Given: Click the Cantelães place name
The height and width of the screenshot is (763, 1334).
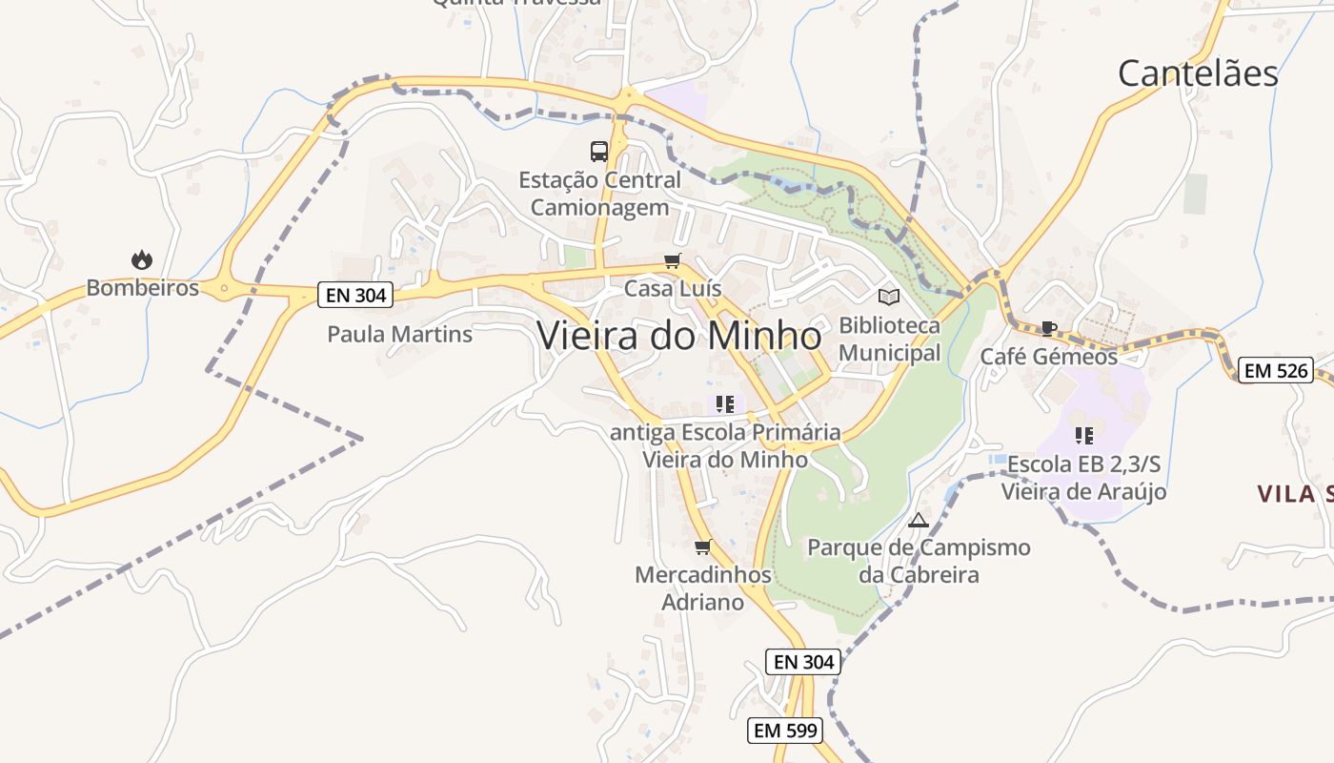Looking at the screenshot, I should click(1198, 73).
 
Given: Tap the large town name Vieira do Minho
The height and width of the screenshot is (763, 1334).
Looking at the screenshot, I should click(679, 336).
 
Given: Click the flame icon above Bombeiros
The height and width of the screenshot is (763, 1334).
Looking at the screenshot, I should click(142, 259).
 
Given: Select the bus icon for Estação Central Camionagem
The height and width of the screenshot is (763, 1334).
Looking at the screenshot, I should click(599, 151).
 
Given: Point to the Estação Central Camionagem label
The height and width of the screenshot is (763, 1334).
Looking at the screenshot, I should click(599, 194).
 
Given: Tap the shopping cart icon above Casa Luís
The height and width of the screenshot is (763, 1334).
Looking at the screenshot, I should click(673, 261).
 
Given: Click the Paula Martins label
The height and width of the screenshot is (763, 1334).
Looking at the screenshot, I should click(399, 335).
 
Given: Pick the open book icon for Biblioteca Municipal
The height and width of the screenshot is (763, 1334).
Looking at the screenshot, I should click(889, 297).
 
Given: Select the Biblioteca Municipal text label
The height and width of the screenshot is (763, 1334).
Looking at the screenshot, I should click(889, 340).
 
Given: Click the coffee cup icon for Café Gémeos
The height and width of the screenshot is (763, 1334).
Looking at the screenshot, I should click(1049, 329).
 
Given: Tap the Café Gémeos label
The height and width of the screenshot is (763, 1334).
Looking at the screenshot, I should click(1049, 357).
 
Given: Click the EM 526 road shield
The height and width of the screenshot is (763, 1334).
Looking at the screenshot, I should click(1276, 370).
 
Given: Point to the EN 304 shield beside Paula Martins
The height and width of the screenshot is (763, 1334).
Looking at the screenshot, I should click(356, 295).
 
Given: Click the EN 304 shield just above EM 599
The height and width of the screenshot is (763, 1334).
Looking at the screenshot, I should click(803, 661).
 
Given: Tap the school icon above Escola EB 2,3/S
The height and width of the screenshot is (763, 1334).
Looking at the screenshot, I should click(1083, 436).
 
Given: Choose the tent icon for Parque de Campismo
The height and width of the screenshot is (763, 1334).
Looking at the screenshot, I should click(919, 520).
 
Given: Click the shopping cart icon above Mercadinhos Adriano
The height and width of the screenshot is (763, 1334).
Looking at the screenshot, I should click(703, 546).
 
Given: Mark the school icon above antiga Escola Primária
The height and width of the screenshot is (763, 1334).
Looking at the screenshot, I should click(725, 404).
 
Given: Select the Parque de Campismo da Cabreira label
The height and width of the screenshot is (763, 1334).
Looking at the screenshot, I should click(919, 561).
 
